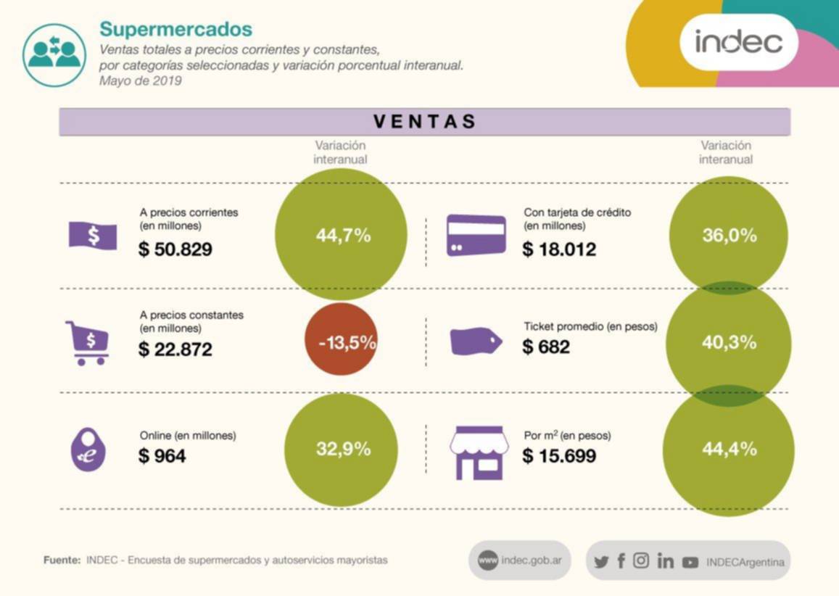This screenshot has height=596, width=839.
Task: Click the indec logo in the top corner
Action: [739, 41]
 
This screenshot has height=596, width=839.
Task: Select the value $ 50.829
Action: [175, 249]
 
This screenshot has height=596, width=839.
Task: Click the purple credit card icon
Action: [476, 235]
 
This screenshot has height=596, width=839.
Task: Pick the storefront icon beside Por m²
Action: [479, 451]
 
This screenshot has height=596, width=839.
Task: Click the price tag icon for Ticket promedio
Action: [476, 341]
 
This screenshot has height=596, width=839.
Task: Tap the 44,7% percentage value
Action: [343, 235]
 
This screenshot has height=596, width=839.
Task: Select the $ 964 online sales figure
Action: [162, 456]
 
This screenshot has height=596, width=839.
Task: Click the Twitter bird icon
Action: [601, 561]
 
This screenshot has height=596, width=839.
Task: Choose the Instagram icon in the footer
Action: [641, 560]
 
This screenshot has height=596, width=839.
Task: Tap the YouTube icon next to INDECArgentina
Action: [690, 562]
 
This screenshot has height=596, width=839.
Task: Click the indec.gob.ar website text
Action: [530, 561]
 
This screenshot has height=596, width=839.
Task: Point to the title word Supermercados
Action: [176, 29]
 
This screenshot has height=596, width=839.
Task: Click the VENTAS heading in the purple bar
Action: [425, 121]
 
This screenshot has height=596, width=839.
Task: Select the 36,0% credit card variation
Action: [729, 235]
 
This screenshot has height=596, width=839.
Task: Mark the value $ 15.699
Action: [559, 456]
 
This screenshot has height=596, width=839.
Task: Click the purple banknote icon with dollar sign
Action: [92, 235]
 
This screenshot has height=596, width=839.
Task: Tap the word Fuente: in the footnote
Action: [62, 560]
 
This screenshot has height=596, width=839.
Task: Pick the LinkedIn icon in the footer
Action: [665, 561]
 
